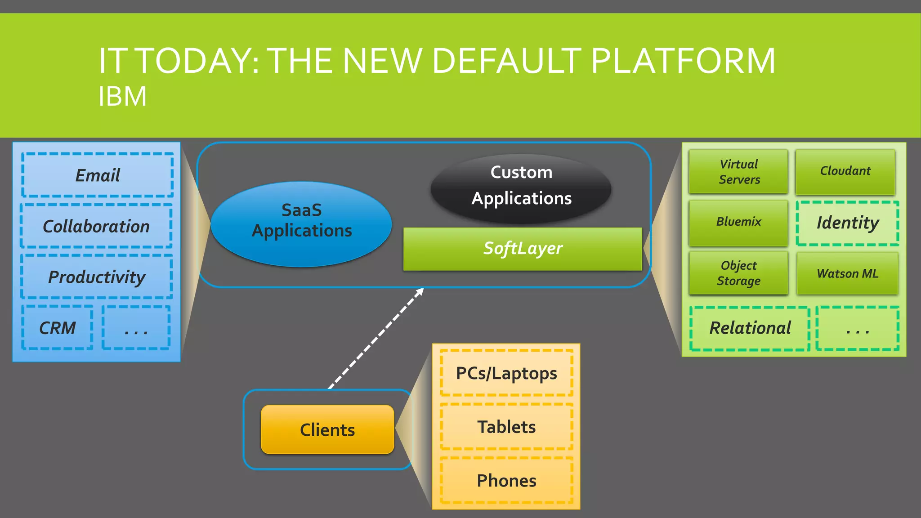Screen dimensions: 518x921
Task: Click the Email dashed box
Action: (98, 175)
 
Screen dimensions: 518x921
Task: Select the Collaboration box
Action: (96, 226)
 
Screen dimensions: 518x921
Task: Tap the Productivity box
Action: (97, 277)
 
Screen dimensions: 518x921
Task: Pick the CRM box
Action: (58, 328)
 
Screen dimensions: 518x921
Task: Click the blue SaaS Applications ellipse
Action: (301, 224)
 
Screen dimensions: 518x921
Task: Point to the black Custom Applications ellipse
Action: (521, 188)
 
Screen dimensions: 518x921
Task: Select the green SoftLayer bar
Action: (523, 249)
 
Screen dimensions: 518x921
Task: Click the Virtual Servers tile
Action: (738, 172)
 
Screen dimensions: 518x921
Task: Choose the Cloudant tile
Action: (845, 172)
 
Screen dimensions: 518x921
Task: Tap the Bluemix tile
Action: (738, 223)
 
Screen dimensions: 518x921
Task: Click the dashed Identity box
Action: (847, 223)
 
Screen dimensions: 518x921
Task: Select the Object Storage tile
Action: (738, 273)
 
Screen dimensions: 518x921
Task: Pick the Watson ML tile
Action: (847, 273)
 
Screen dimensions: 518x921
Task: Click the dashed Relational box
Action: (750, 328)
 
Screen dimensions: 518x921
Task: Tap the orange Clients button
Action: (327, 430)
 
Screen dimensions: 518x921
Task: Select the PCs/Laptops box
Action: (506, 373)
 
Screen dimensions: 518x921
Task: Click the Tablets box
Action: (506, 427)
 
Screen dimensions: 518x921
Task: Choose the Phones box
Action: (506, 481)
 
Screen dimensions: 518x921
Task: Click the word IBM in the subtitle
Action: (122, 96)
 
